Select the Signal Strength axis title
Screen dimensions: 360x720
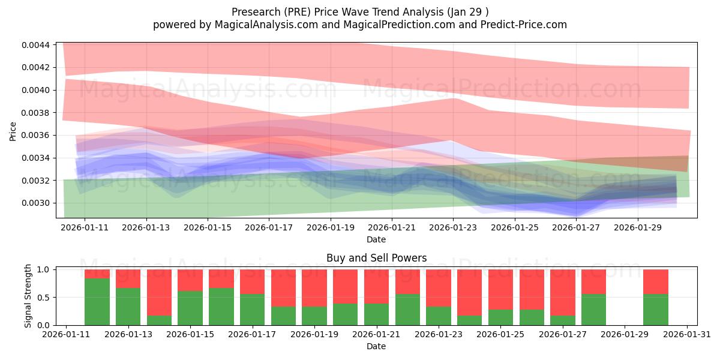[28, 296]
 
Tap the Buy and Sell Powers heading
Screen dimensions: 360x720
[376, 258]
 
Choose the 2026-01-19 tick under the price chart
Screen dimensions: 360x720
[331, 228]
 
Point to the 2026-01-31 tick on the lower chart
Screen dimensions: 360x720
[686, 335]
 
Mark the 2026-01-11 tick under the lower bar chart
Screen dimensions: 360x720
[66, 335]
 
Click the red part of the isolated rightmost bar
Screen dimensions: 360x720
[655, 281]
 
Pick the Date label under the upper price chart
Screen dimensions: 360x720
[376, 239]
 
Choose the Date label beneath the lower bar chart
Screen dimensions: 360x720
[376, 346]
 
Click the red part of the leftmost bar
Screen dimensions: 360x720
[97, 274]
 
